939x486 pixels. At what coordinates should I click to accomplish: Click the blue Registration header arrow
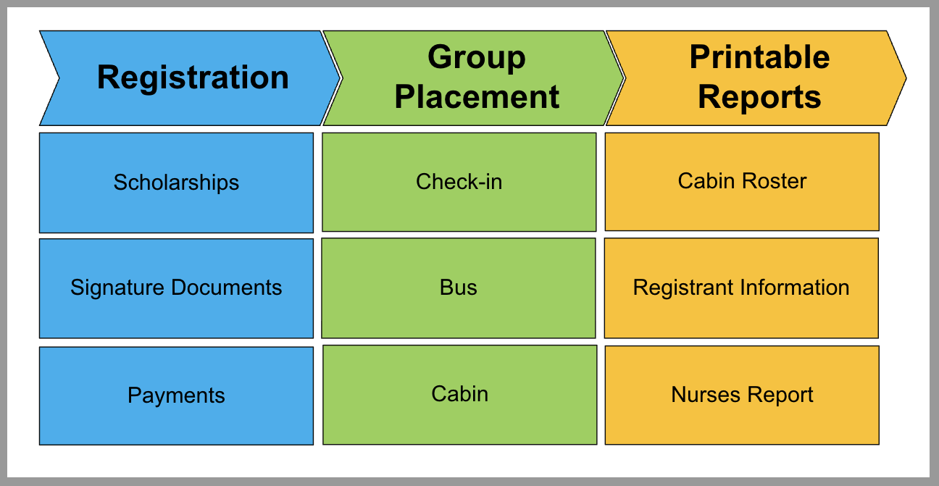pos(192,77)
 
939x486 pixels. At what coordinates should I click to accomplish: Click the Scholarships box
pos(176,183)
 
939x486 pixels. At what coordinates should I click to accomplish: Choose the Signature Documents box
pos(176,288)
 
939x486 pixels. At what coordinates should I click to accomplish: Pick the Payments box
pos(176,395)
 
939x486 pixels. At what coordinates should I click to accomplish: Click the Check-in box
pos(459,182)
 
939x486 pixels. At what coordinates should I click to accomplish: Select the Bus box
pos(459,288)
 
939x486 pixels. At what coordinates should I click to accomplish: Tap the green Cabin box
pos(459,395)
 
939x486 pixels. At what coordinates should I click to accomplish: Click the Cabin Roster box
pos(742,181)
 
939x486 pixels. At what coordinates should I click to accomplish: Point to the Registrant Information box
pos(741,288)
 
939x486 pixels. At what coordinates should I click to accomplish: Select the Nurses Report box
pos(742,395)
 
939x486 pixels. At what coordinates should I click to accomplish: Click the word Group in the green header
pos(477,58)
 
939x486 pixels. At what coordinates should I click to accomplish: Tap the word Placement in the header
pos(477,97)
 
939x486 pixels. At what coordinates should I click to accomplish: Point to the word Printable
pos(759,58)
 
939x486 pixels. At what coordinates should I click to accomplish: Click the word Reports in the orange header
pos(759,97)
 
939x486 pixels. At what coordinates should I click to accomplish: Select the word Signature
pos(117,288)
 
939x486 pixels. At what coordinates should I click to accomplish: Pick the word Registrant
pos(684,288)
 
